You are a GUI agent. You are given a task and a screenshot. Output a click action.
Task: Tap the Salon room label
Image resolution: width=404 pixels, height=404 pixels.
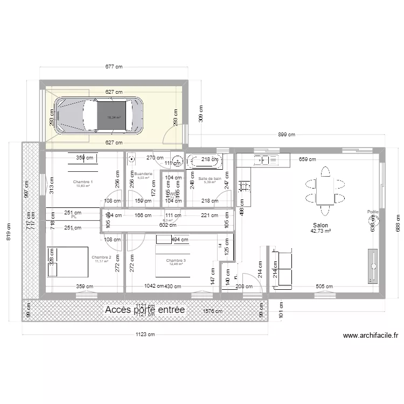pos(319,226)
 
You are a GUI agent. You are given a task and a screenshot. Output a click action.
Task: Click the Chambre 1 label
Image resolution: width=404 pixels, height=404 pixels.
pos(83,182)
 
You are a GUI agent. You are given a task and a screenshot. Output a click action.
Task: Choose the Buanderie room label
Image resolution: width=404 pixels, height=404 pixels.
pos(143,174)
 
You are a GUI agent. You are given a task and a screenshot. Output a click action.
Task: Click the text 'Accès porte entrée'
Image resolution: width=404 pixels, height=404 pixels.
pos(145,310)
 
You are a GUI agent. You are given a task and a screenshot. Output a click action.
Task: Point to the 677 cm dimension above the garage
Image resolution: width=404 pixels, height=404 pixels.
pos(114,67)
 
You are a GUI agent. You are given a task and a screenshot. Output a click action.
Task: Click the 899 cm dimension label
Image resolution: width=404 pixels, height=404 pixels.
pos(287,135)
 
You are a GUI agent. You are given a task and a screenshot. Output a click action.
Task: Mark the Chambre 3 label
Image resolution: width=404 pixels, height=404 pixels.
pos(176,261)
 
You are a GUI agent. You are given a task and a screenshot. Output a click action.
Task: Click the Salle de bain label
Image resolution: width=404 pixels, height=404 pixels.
pos(210,178)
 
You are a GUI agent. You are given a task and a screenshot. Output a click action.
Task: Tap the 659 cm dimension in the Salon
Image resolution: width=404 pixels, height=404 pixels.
pos(308,159)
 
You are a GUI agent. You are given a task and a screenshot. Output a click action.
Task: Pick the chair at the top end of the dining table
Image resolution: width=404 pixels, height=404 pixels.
pos(324,171)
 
